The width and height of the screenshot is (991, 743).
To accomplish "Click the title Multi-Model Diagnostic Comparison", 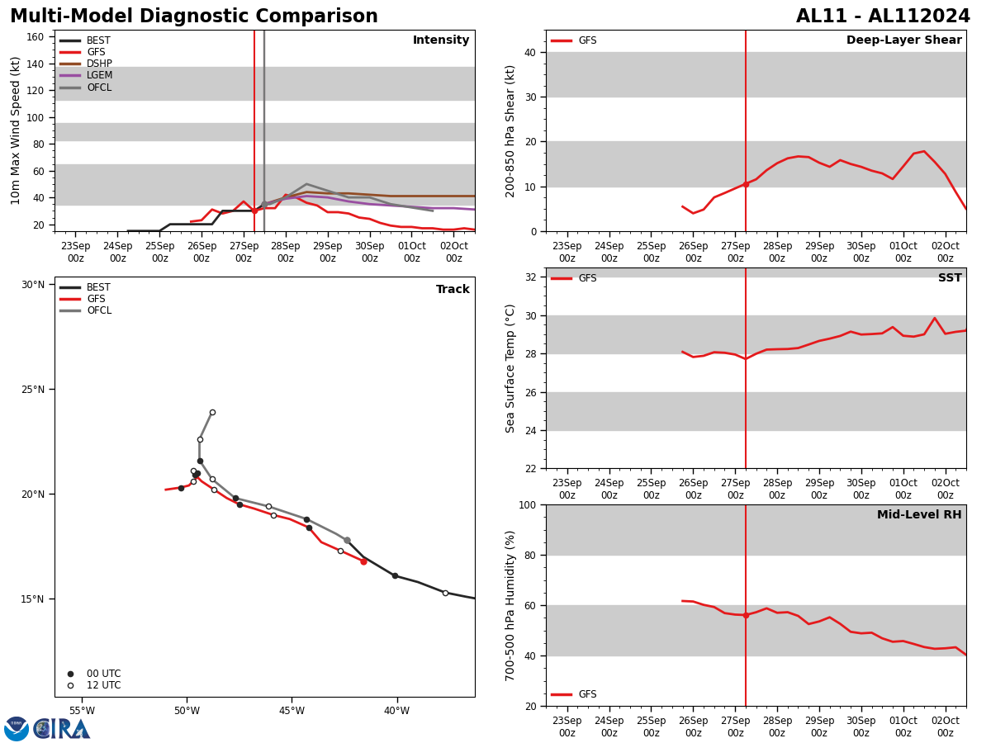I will click(x=194, y=17).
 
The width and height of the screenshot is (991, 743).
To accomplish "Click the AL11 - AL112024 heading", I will click(x=883, y=17).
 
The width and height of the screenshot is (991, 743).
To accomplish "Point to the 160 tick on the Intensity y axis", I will click(x=36, y=37).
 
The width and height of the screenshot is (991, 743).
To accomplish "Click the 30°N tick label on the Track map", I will click(x=33, y=285).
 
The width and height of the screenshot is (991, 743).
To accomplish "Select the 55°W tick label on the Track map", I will click(x=82, y=711).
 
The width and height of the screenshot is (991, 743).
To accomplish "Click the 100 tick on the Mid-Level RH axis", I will click(x=526, y=504).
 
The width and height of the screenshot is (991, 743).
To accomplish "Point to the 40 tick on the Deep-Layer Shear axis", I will click(x=529, y=53).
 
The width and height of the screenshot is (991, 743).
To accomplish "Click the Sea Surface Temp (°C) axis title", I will click(x=511, y=368).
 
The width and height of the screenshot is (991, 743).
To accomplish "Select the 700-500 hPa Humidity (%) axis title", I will click(x=511, y=605).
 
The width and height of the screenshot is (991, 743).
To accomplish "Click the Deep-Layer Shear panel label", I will click(x=903, y=40).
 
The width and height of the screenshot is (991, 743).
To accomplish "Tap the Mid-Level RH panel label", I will click(x=918, y=515).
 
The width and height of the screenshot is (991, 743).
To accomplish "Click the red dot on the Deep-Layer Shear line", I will click(x=746, y=184).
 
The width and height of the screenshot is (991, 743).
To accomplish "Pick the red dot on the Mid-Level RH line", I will click(x=746, y=615).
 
